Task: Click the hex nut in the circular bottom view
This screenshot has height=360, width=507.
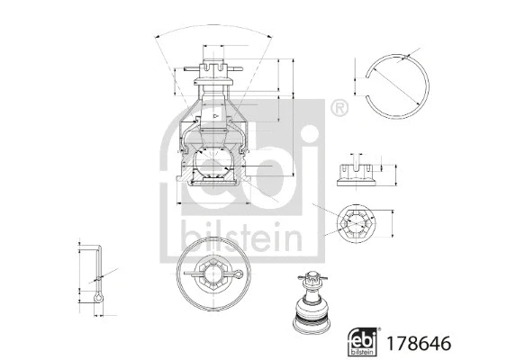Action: tap(213, 271)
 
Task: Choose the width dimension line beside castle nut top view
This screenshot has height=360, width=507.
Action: tap(390, 222)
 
